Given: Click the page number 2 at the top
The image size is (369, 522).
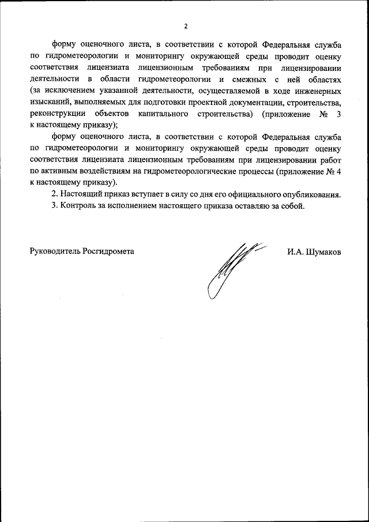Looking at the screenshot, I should [x=185, y=25].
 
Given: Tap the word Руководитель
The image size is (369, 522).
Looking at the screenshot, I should [x=55, y=251].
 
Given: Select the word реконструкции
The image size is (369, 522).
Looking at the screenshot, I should [x=55, y=114].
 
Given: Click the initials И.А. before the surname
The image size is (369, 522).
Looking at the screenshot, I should [x=295, y=251].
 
